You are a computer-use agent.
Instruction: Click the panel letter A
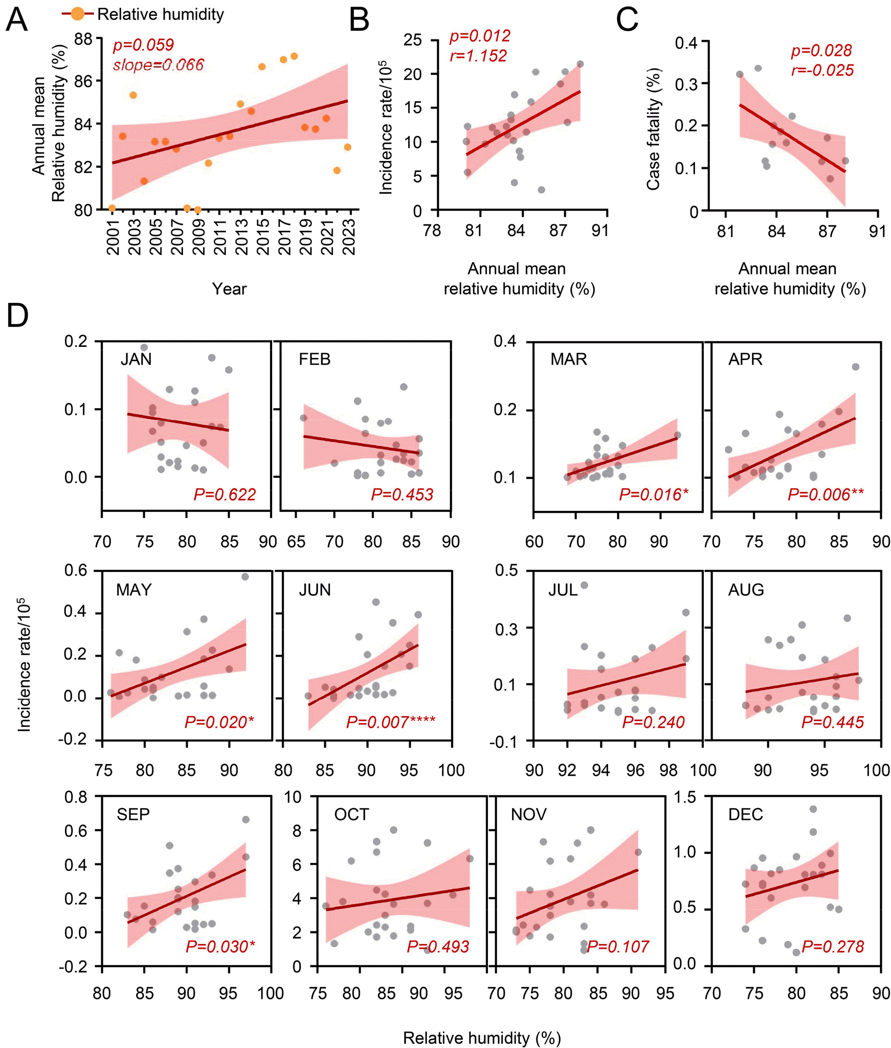pos(16,20)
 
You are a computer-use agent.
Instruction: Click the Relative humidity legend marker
pos(78,14)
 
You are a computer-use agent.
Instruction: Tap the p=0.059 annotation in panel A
pos(143,45)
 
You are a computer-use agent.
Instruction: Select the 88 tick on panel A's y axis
pos(83,39)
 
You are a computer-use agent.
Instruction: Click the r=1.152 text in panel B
pos(478,56)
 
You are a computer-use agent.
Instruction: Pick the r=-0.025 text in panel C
pos(822,70)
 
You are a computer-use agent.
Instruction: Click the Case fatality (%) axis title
pos(653,129)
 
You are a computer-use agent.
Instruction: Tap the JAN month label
pos(136,359)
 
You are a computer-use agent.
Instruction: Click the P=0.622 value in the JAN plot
pos(225,495)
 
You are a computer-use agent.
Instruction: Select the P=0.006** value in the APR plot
pos(826,495)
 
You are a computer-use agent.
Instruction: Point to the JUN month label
pos(315,590)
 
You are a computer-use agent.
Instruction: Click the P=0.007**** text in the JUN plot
pos(391,722)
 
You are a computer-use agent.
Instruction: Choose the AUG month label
pos(746,590)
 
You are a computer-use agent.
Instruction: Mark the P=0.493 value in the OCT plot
pos(438,947)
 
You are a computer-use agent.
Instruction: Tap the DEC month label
pos(745,814)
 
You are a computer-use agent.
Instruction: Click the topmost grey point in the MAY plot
pos(245,577)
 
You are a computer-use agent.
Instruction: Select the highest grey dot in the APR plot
pos(855,367)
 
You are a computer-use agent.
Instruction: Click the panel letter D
pos(17,316)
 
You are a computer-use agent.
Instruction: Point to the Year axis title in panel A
pos(229,289)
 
